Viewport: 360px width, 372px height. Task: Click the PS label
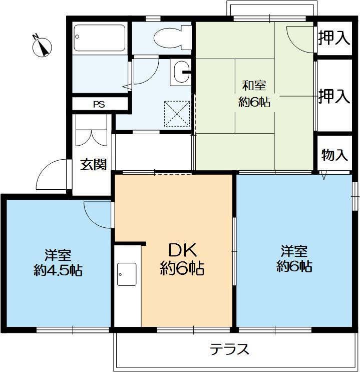coord(99,105)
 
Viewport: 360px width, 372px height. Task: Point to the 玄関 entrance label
coord(93,164)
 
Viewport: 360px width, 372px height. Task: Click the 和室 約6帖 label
coord(254,94)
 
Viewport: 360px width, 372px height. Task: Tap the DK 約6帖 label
coord(181,259)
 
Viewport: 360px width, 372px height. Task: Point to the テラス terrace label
coord(229,349)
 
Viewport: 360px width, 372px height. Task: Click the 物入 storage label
coord(334,155)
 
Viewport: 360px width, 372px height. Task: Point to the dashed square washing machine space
coord(177,113)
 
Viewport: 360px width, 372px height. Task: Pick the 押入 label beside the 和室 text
coord(334,97)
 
